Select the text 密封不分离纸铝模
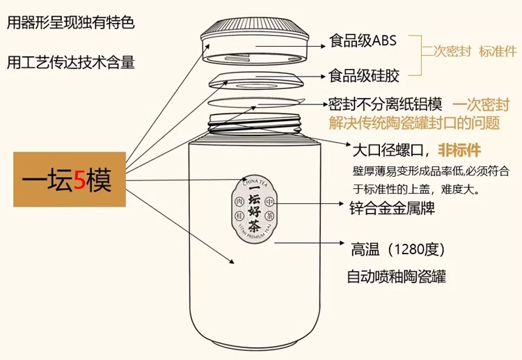tap(386, 104)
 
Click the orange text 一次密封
tap(482, 105)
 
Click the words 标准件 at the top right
tap(498, 52)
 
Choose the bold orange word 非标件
tap(459, 150)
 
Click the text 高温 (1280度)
tap(397, 249)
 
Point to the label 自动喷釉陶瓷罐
tap(396, 276)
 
